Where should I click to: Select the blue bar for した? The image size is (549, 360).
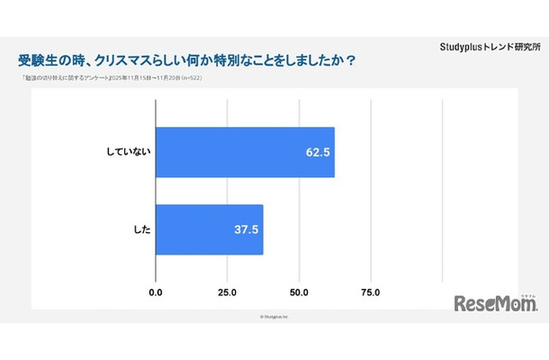pos(209,229)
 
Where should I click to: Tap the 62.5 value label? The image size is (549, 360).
pos(318,152)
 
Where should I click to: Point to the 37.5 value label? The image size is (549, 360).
pos(246,229)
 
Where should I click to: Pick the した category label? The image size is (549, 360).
pos(139,229)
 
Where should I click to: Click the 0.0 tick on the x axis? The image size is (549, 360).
pos(156,292)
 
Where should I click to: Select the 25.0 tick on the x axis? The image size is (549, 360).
pos(228,292)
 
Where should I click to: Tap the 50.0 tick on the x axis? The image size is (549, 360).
pos(299,292)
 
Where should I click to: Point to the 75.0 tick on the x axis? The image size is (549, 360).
pos(370,292)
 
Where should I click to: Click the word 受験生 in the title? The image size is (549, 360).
pos(40,61)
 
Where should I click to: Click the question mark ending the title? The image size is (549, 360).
pos(350,61)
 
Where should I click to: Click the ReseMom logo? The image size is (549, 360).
pos(495,303)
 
